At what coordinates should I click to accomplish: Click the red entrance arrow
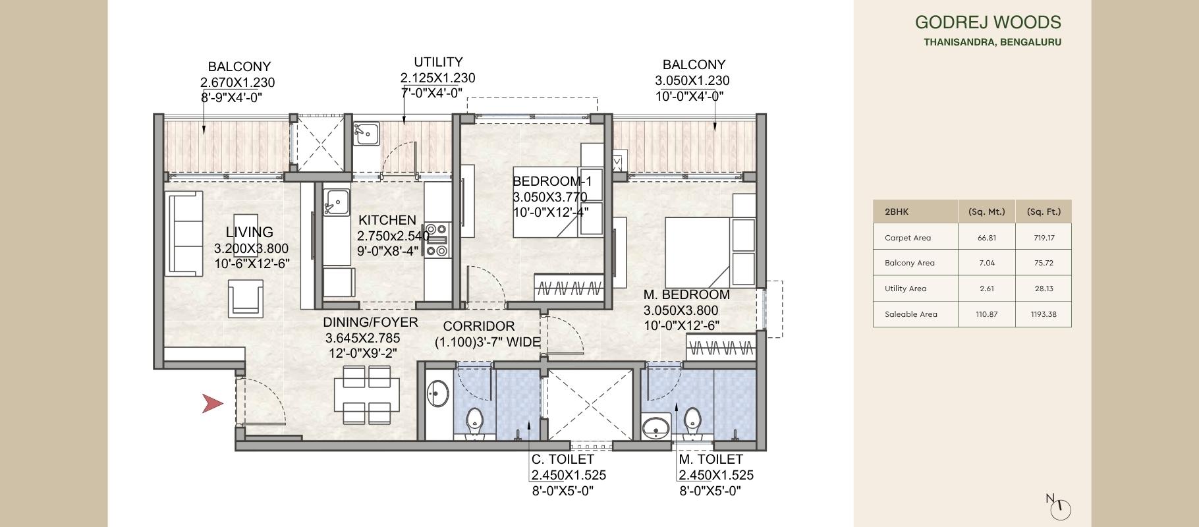pos(212,403)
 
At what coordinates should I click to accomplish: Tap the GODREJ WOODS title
pos(988,22)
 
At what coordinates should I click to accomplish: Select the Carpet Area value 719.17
pos(1044,238)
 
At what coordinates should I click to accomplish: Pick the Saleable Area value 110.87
pos(986,314)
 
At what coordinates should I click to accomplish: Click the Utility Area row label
pos(905,289)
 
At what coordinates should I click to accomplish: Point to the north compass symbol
pos(1061,508)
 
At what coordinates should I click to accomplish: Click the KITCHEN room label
pos(387,220)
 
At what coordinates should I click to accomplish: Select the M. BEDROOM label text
pos(686,294)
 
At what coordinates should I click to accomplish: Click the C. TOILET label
pos(563,459)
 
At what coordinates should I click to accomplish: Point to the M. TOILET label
pos(710,459)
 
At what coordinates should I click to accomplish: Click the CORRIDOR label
pos(478,326)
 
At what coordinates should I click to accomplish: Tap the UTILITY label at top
pos(438,62)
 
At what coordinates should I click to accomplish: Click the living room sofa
pos(184,234)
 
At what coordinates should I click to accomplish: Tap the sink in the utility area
pos(366,132)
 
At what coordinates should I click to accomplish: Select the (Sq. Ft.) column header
pos(1044,211)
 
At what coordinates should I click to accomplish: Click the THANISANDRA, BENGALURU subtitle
pos(992,42)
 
